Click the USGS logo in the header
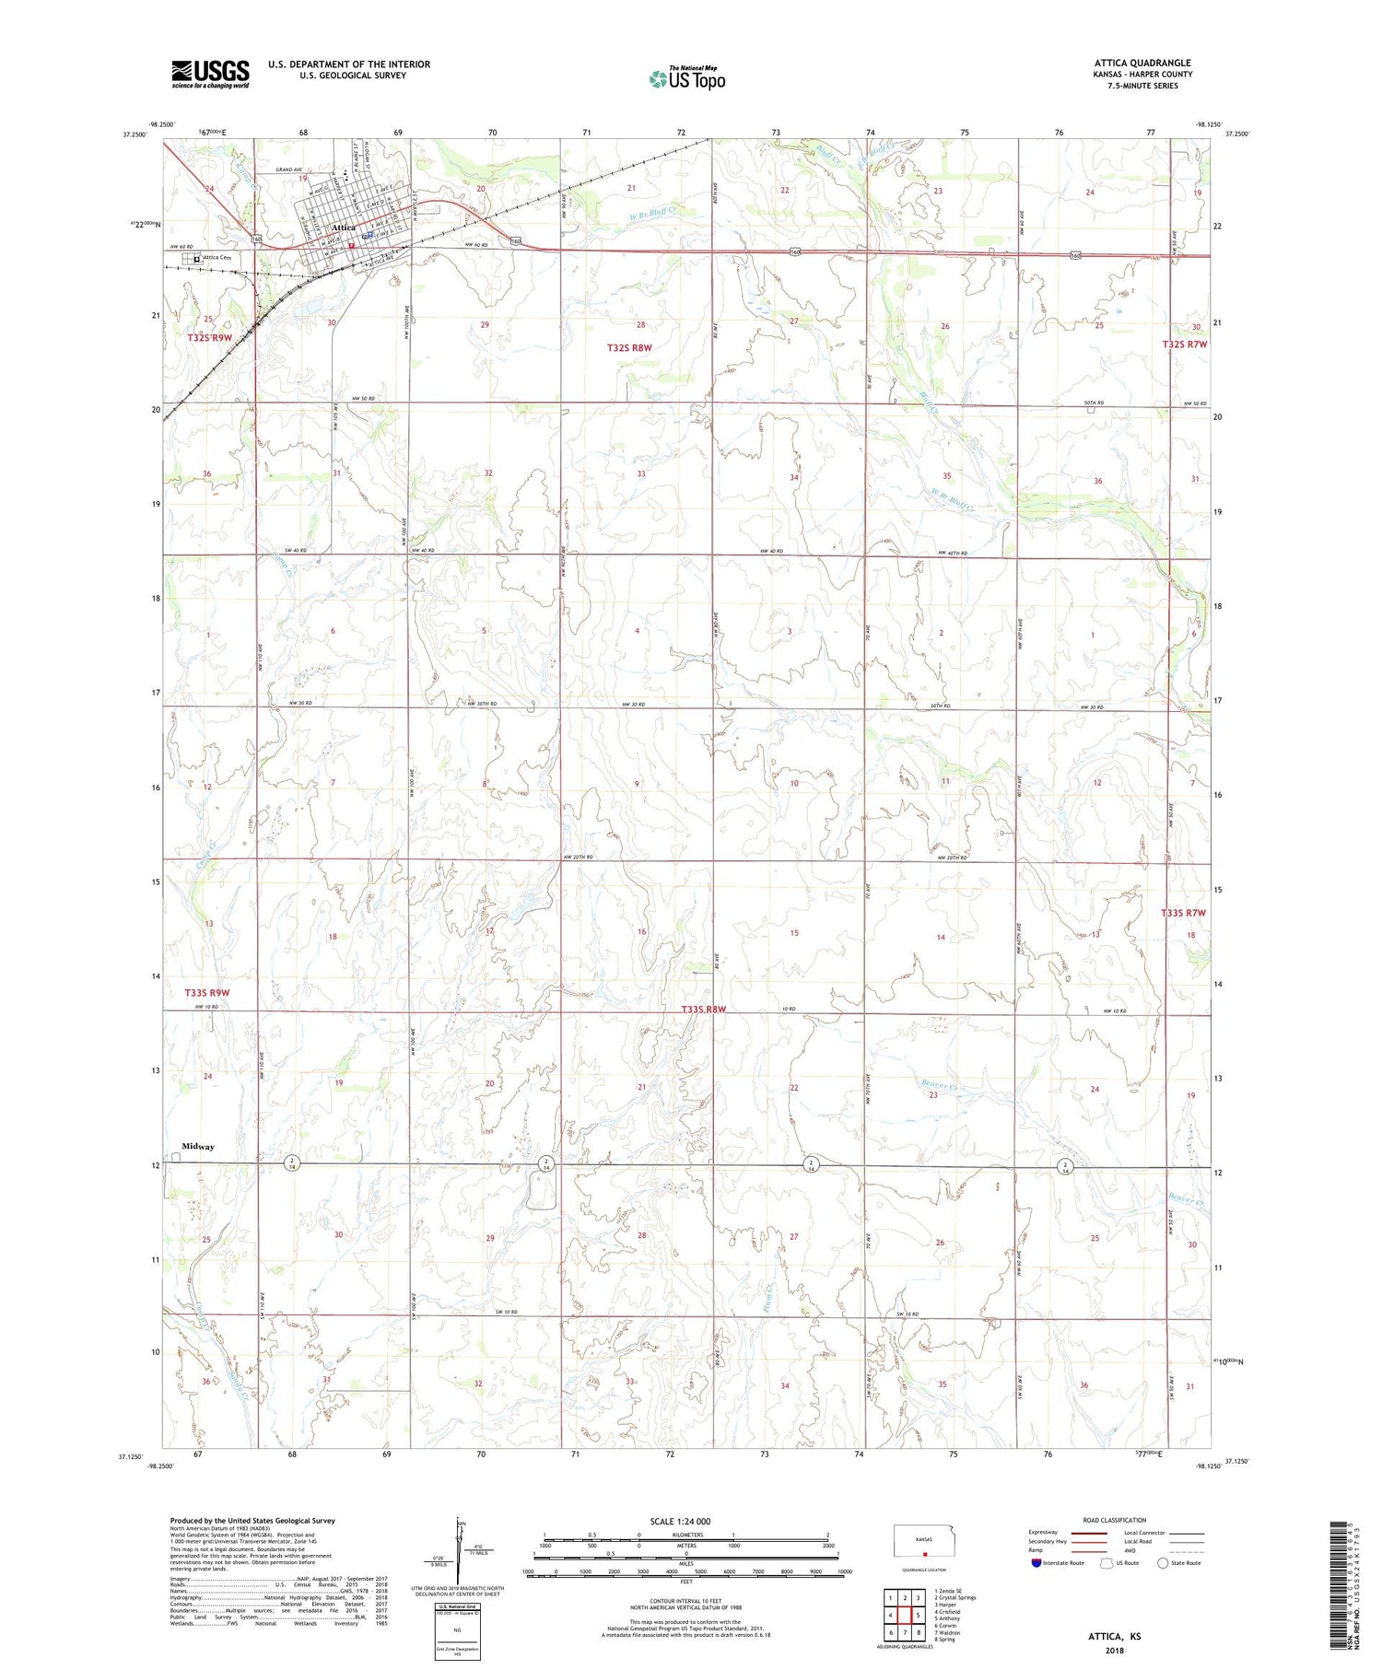210,74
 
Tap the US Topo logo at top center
687,78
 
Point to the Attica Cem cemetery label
221,258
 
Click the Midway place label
197,1147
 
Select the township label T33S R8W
704,1010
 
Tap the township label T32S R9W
210,338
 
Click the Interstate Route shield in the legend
1036,1563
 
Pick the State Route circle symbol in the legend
1163,1563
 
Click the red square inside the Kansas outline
924,1551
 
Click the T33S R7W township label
1183,913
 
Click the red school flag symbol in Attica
352,246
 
